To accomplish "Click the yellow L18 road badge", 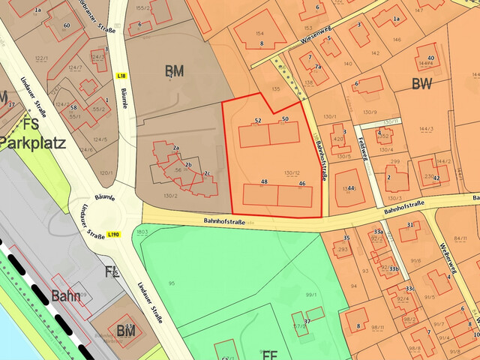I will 121,76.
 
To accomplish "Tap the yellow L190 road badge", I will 113,235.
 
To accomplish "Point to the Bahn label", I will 66,295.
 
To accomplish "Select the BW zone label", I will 421,84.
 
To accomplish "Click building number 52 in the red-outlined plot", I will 258,120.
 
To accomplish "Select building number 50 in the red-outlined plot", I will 285,119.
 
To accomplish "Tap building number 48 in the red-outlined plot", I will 264,182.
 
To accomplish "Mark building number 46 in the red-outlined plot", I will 301,183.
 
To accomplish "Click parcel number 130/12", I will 292,173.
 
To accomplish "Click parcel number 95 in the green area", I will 171,283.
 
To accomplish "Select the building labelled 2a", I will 175,148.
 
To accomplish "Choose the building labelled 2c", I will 205,174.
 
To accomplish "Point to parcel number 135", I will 276,88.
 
